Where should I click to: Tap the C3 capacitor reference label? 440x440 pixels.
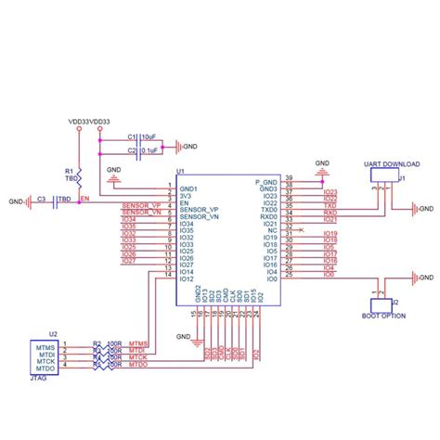coord(42,199)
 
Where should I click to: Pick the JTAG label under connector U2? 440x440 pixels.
coord(41,378)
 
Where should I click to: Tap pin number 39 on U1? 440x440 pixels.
coord(289,178)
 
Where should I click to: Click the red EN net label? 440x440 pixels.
coord(84,199)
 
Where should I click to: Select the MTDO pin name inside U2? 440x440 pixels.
coord(47,368)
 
